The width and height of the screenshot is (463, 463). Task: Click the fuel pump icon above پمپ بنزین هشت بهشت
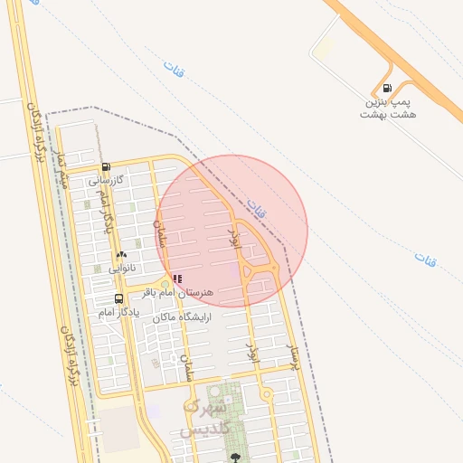pos(388,89)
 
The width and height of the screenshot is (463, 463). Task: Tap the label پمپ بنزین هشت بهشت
pos(386,108)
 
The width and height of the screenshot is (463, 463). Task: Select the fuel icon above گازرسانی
pos(107,166)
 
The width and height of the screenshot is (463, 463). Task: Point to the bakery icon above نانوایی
pos(121,255)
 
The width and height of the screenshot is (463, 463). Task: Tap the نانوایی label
pos(121,268)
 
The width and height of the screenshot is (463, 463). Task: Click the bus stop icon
pos(118,299)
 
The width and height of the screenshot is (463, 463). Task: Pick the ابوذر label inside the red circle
pos(233,239)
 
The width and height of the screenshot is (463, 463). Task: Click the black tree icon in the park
pos(235,458)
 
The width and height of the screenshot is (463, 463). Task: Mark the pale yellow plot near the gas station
pos(322,48)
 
